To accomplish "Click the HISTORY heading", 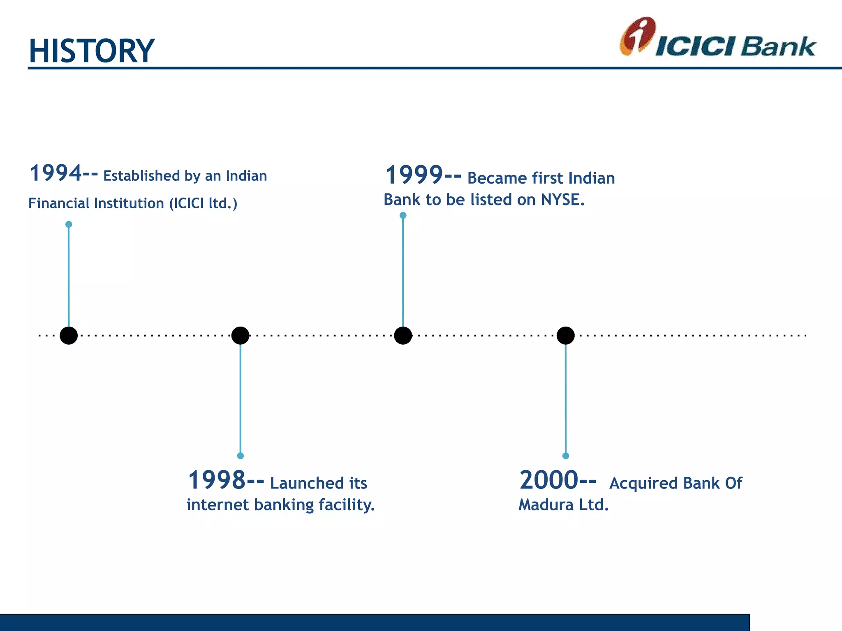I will [91, 51].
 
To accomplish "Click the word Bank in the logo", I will [778, 47].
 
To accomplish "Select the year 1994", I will [56, 173].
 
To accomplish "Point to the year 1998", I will [217, 480].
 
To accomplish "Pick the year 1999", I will [414, 175].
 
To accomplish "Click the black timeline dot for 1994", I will [69, 336].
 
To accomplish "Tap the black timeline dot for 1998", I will [240, 336].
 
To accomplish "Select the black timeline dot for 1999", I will [403, 336].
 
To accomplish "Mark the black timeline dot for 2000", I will [566, 336].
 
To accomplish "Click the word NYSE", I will [562, 200].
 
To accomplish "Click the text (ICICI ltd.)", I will [203, 203].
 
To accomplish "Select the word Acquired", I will [643, 484].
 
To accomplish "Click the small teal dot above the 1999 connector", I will [403, 215].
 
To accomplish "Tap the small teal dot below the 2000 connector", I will [566, 456].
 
